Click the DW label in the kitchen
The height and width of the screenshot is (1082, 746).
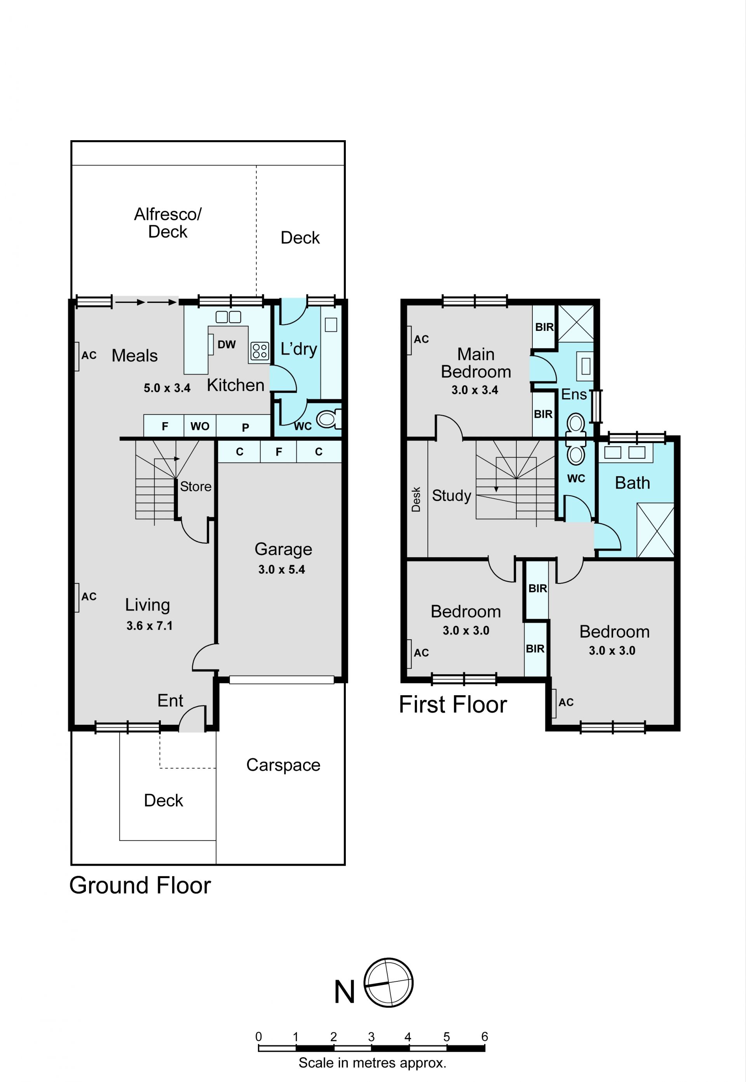pyautogui.click(x=227, y=344)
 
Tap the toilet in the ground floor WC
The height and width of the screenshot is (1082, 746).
pyautogui.click(x=329, y=418)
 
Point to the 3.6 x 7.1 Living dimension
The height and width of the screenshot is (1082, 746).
pyautogui.click(x=149, y=626)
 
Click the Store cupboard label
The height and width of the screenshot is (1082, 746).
pyautogui.click(x=196, y=486)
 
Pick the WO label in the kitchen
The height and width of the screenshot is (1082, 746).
pyautogui.click(x=200, y=426)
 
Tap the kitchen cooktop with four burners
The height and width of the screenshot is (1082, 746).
pyautogui.click(x=260, y=351)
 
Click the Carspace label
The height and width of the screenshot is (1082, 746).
pyautogui.click(x=283, y=765)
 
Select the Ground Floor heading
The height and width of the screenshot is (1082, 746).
pyautogui.click(x=140, y=885)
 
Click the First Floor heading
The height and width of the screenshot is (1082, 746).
pyautogui.click(x=453, y=704)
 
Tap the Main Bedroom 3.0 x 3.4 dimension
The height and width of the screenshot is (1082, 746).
pyautogui.click(x=474, y=390)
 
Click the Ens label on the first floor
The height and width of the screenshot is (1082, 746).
pyautogui.click(x=574, y=394)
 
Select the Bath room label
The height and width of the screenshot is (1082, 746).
pyautogui.click(x=633, y=483)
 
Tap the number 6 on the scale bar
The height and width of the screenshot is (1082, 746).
pyautogui.click(x=485, y=1037)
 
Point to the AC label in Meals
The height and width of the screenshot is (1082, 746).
pyautogui.click(x=89, y=355)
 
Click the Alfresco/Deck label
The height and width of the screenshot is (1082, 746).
pyautogui.click(x=168, y=223)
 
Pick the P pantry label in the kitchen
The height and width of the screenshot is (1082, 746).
pyautogui.click(x=246, y=427)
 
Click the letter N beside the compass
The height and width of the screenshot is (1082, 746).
pyautogui.click(x=345, y=992)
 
